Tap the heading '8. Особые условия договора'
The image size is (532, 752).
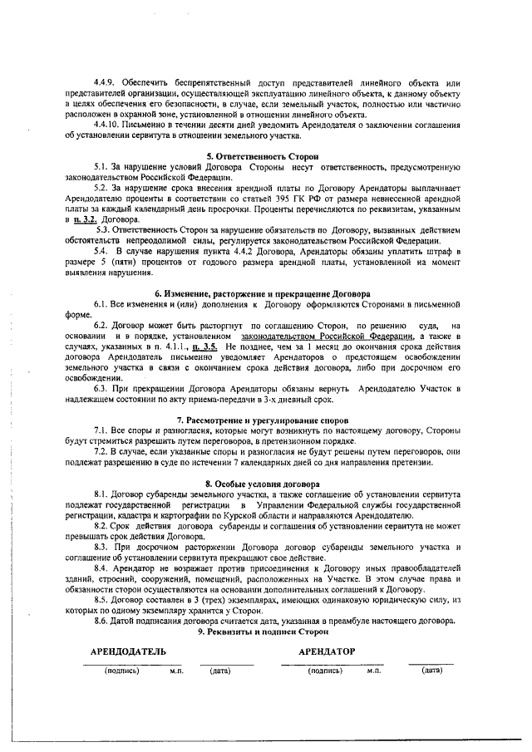coord(262,483)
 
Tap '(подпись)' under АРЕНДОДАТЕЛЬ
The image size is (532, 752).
coord(121,670)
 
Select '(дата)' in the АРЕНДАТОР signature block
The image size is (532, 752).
coord(431,669)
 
